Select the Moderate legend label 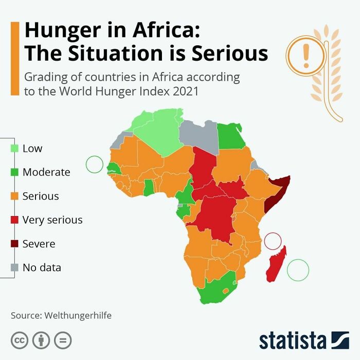pyautogui.click(x=46, y=172)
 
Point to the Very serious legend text pyautogui.click(x=52, y=220)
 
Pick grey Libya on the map pyautogui.click(x=201, y=136)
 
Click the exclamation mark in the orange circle pyautogui.click(x=307, y=56)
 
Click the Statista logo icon pyautogui.click(x=340, y=340)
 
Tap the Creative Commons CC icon pyautogui.click(x=20, y=340)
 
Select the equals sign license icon pyautogui.click(x=63, y=340)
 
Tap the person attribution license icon pyautogui.click(x=41, y=340)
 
